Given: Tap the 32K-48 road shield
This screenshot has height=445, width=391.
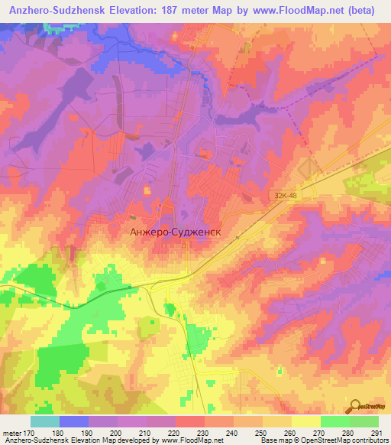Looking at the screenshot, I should [x=284, y=197].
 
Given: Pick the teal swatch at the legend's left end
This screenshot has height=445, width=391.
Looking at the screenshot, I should [x=45, y=421].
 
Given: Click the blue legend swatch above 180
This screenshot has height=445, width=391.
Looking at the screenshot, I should [x=74, y=421].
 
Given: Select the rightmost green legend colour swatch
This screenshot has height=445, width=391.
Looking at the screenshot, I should [x=364, y=421].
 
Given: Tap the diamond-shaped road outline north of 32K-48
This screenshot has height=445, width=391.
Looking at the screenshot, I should [x=308, y=171].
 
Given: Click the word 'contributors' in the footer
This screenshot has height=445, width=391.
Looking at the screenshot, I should [x=370, y=440].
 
